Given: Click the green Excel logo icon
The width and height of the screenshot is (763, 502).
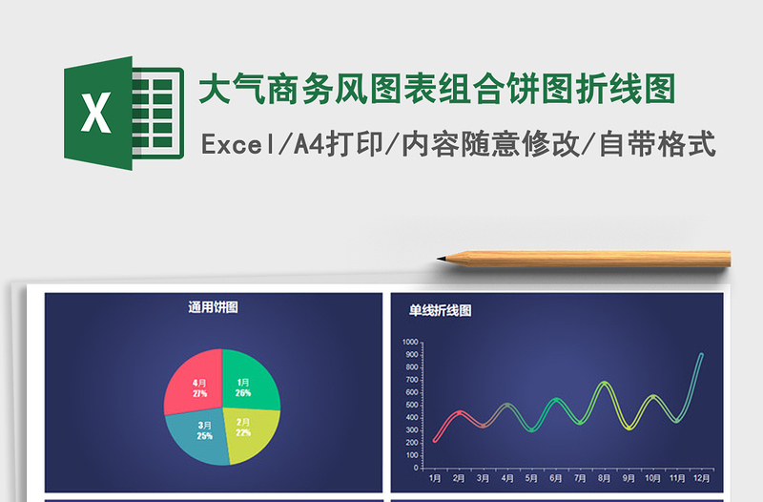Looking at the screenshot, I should tap(122, 113).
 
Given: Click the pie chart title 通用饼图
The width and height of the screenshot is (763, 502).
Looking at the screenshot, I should tap(213, 307).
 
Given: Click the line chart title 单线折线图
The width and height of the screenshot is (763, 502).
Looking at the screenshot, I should tap(441, 310).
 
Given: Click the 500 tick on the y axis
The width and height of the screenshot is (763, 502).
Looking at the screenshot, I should tap(412, 405).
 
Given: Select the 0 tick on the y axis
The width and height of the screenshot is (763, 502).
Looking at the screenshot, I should tap(417, 468).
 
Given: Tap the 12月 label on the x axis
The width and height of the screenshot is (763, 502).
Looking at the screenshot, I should tap(701, 478).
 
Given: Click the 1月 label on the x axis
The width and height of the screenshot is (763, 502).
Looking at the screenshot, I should tap(435, 478).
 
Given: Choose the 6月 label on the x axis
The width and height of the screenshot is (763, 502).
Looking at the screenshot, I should tap(556, 478).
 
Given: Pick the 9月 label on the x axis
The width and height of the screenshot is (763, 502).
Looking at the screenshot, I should tap(629, 478).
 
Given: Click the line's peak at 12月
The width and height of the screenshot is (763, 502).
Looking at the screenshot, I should tap(701, 355).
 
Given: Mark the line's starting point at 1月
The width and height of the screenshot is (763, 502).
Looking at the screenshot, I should tap(435, 441).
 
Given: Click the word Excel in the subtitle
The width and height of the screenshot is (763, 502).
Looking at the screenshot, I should tap(236, 144).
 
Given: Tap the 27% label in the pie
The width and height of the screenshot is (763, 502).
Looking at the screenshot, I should tap(199, 393).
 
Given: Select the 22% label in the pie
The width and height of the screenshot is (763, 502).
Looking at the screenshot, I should tap(243, 432).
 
